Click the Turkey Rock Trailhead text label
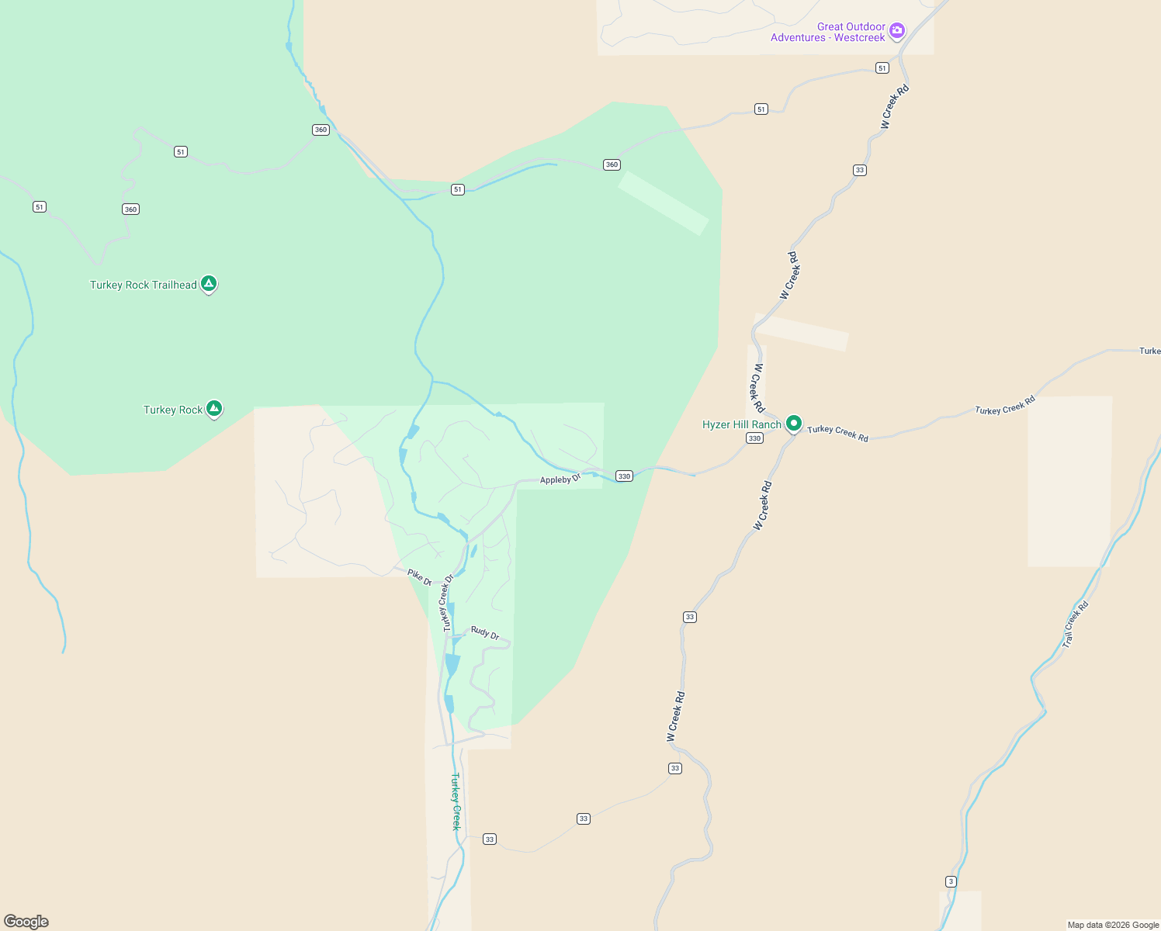(143, 285)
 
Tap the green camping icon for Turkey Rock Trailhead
(209, 284)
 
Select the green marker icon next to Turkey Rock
(214, 408)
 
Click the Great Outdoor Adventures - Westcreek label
(827, 32)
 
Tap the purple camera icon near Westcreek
(897, 31)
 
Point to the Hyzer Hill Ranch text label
(741, 424)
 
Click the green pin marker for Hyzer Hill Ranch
(793, 424)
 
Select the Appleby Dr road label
(560, 479)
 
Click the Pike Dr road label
(419, 576)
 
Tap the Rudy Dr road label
(485, 632)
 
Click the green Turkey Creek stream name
(456, 801)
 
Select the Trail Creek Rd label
(1075, 625)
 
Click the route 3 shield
(951, 881)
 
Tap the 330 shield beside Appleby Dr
(624, 476)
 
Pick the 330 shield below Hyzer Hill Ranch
(754, 438)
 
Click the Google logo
(26, 921)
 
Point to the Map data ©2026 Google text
(1113, 925)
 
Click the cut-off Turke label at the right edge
(1149, 351)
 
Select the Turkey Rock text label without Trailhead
(172, 410)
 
